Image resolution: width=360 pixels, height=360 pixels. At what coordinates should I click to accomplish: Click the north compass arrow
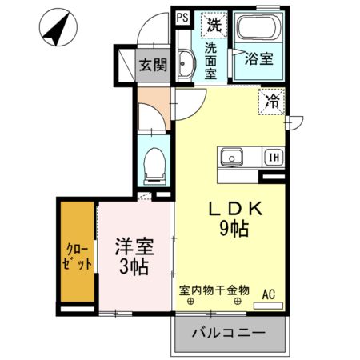pyautogui.click(x=54, y=28)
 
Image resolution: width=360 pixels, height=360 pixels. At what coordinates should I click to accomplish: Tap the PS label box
pyautogui.click(x=182, y=16)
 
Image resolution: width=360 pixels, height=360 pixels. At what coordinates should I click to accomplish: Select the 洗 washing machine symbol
pyautogui.click(x=213, y=24)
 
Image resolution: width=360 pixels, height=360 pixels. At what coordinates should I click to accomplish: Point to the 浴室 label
pyautogui.click(x=258, y=59)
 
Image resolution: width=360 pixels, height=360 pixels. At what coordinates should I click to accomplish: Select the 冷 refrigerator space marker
pyautogui.click(x=272, y=102)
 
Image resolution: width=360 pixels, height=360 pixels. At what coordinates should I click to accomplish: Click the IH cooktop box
pyautogui.click(x=273, y=158)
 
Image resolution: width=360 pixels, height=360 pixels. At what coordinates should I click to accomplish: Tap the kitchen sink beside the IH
pyautogui.click(x=233, y=157)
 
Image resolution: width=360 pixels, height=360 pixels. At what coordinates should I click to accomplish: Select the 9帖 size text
pyautogui.click(x=235, y=230)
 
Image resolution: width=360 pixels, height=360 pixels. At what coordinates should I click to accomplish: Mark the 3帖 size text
pyautogui.click(x=134, y=269)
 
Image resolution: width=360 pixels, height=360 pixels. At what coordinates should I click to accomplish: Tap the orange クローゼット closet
pyautogui.click(x=76, y=253)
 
